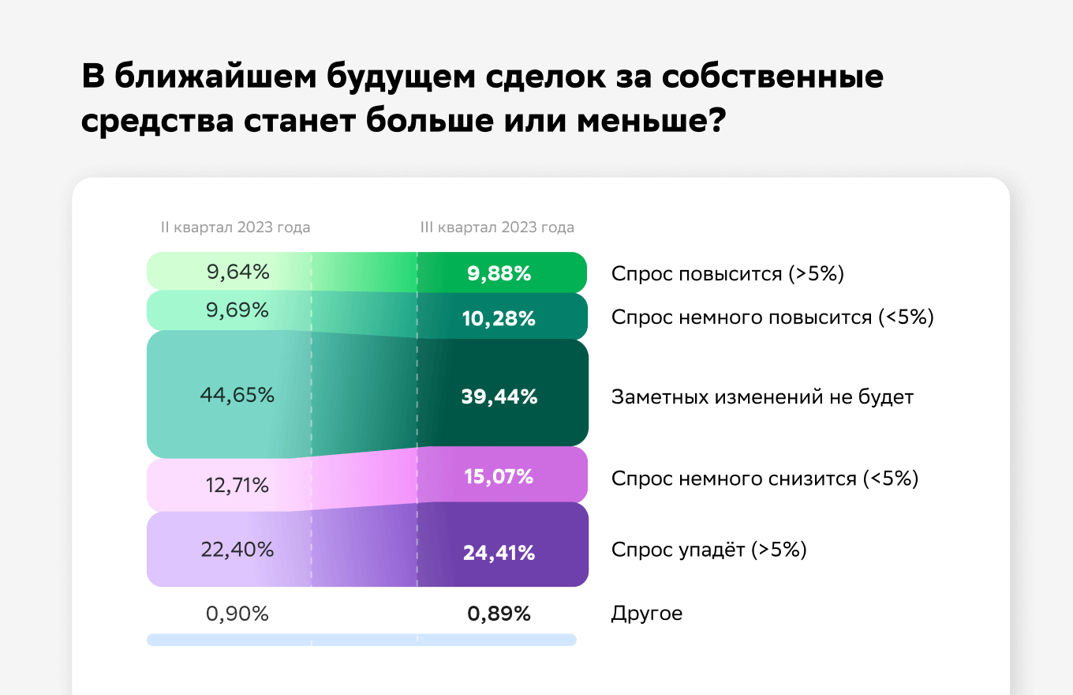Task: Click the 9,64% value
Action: pyautogui.click(x=238, y=272)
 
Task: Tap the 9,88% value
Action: pyautogui.click(x=499, y=274)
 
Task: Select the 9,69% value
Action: pyautogui.click(x=237, y=310)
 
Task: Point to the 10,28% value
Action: pyautogui.click(x=499, y=319)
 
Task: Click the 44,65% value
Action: pyautogui.click(x=237, y=395)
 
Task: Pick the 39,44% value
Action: pyautogui.click(x=499, y=396)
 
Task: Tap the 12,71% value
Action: pyautogui.click(x=237, y=486)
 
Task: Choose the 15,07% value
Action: pyautogui.click(x=499, y=477)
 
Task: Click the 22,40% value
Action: pyautogui.click(x=237, y=550)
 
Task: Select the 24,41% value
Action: pyautogui.click(x=499, y=553)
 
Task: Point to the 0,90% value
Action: pyautogui.click(x=237, y=614)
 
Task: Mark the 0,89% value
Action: pyautogui.click(x=499, y=614)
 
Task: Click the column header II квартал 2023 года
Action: pyautogui.click(x=235, y=227)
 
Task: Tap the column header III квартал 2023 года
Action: pyautogui.click(x=497, y=227)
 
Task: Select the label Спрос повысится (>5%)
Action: pyautogui.click(x=727, y=274)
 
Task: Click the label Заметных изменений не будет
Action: pyautogui.click(x=763, y=397)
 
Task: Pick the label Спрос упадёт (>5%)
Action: pyautogui.click(x=709, y=550)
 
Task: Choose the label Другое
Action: pyautogui.click(x=647, y=614)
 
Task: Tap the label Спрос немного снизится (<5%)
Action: pyautogui.click(x=765, y=479)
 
